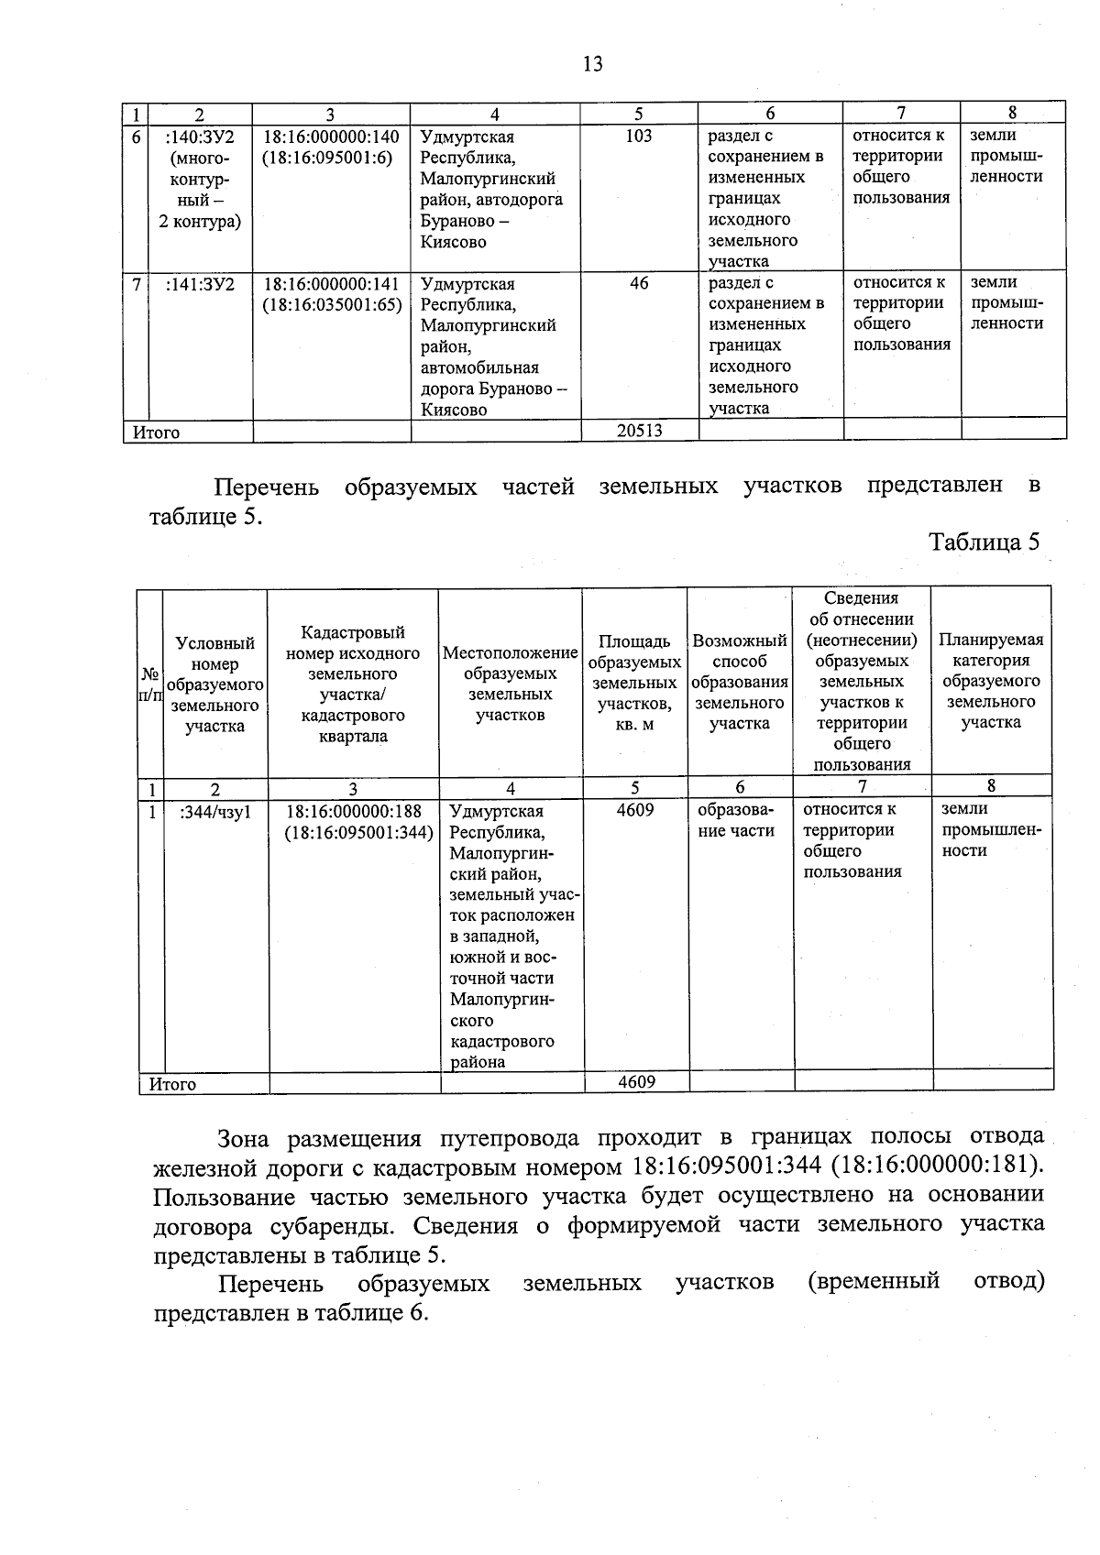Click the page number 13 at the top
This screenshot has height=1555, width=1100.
592,63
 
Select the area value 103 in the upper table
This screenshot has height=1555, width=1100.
638,136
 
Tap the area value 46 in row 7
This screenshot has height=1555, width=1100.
639,283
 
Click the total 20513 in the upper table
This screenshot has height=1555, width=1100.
639,431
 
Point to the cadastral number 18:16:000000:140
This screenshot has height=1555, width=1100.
331,137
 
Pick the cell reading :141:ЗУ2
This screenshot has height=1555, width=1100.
200,284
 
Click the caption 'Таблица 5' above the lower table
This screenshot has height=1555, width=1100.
984,542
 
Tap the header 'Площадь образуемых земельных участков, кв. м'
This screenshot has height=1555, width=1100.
634,683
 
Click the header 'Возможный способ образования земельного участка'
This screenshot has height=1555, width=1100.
740,682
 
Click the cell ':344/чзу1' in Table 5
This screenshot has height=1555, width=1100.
215,811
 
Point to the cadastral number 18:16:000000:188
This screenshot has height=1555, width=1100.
354,811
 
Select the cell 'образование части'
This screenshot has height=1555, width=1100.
736,821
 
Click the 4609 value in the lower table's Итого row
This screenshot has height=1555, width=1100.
636,1082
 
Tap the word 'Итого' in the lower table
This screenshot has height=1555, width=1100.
173,1084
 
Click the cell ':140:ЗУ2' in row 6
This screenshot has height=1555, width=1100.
200,137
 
